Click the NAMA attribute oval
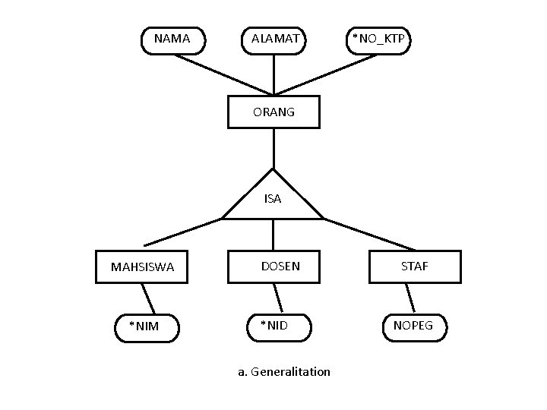[x=173, y=39]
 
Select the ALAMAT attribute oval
[x=273, y=39]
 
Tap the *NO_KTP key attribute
[x=378, y=39]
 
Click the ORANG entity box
[x=273, y=112]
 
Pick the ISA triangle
[x=273, y=200]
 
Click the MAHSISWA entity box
[x=141, y=266]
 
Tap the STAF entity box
[x=415, y=266]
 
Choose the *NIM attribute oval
[x=147, y=326]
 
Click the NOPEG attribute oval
[x=414, y=326]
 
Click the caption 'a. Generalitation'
[x=283, y=372]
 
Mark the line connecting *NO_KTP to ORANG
[x=327, y=74]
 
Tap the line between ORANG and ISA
[x=273, y=148]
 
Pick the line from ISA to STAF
[x=369, y=234]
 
